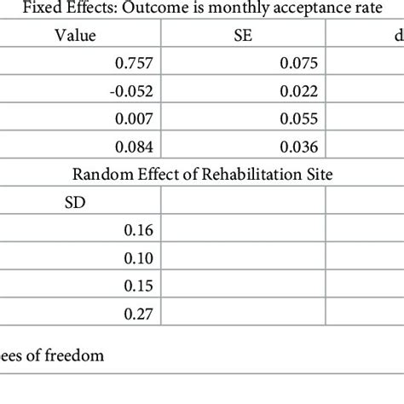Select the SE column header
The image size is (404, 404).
[x=247, y=36]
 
